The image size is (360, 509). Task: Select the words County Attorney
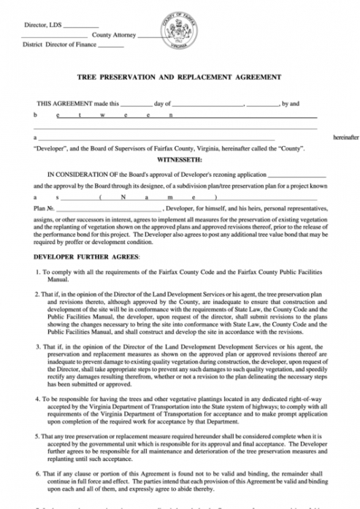(x=111, y=36)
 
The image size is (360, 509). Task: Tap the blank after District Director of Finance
(x=111, y=45)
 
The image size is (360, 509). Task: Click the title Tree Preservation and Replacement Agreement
(x=179, y=77)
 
